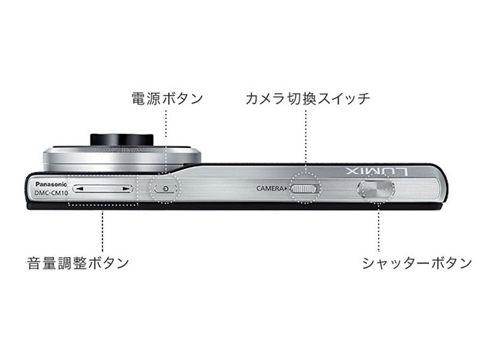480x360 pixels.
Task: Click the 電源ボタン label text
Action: coord(167,98)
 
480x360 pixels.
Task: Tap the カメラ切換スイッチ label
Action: coord(307,98)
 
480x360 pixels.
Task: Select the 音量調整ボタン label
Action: coord(78,263)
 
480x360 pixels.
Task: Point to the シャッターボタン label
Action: coord(417,263)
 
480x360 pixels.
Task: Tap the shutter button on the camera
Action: coord(376,189)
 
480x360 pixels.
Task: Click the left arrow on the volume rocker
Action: coord(79,189)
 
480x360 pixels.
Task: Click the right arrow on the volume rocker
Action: coord(126,189)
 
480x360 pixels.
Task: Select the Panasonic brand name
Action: coord(51,184)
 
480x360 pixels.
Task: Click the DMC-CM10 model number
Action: coord(51,194)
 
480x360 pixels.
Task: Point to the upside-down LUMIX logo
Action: coord(377,171)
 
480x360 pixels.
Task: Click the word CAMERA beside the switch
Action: coord(270,189)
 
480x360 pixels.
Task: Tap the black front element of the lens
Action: coord(122,139)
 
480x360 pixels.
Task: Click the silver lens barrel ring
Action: coord(122,159)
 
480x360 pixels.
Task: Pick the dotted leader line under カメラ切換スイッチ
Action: coord(306,142)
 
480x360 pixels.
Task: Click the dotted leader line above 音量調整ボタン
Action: coord(102,228)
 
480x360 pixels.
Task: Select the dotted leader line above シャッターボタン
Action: coord(379,228)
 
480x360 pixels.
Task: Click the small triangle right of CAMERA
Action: coord(286,189)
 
